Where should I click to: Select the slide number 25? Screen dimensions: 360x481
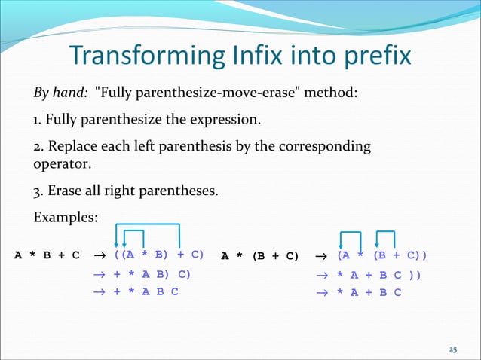tap(452, 349)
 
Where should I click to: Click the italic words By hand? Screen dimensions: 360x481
tap(60, 93)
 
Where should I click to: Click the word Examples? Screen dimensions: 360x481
tap(66, 218)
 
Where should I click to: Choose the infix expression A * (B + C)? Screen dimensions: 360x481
tap(259, 255)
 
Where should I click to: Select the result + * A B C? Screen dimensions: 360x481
tap(146, 292)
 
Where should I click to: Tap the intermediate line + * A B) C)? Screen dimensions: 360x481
tap(152, 274)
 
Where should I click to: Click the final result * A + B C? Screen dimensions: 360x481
tap(369, 292)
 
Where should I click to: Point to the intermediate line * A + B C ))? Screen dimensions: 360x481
tap(378, 275)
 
